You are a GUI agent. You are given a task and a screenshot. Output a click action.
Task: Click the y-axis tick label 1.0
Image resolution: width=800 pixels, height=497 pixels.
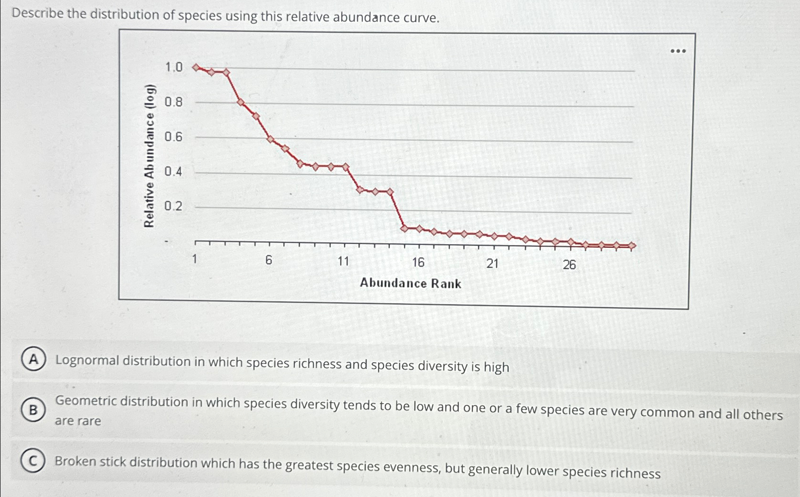click(173, 67)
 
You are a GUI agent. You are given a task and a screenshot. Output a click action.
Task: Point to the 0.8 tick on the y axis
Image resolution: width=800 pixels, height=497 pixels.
click(173, 102)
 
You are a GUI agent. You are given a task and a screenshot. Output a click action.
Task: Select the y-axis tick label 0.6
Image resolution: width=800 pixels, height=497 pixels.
click(173, 137)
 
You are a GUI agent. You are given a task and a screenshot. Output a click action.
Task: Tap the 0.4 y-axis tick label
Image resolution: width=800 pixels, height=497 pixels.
click(173, 172)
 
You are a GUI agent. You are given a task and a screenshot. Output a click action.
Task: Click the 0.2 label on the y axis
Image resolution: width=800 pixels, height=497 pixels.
click(173, 206)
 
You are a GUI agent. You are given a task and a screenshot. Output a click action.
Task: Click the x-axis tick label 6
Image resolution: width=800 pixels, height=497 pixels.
click(269, 260)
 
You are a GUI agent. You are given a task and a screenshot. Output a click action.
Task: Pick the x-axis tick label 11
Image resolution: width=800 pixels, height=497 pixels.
click(343, 261)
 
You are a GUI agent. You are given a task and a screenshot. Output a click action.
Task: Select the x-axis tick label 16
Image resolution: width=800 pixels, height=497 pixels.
click(418, 262)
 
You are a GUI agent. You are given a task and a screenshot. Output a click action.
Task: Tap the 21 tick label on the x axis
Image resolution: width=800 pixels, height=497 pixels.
click(492, 264)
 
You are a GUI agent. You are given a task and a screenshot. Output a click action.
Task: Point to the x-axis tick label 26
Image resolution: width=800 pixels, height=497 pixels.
click(569, 265)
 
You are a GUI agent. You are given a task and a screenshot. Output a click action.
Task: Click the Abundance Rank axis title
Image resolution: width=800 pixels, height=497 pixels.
click(410, 284)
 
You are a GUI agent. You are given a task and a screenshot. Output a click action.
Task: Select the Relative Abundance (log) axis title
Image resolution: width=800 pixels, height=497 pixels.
click(149, 156)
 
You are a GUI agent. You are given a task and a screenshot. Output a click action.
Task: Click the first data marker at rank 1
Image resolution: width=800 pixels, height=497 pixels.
click(196, 67)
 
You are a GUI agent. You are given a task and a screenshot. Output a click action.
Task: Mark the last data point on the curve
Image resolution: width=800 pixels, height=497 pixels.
click(632, 246)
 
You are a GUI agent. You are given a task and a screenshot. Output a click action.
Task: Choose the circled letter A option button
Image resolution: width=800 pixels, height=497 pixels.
click(33, 360)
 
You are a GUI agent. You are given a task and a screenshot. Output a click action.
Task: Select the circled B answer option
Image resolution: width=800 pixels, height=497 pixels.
click(33, 410)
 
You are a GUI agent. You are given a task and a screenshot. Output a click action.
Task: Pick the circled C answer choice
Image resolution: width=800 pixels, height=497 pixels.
click(33, 461)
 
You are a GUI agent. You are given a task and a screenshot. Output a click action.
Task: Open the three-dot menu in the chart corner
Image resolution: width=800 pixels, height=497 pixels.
click(678, 51)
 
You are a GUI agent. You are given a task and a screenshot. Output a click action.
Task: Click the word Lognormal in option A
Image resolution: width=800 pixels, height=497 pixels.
click(87, 361)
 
